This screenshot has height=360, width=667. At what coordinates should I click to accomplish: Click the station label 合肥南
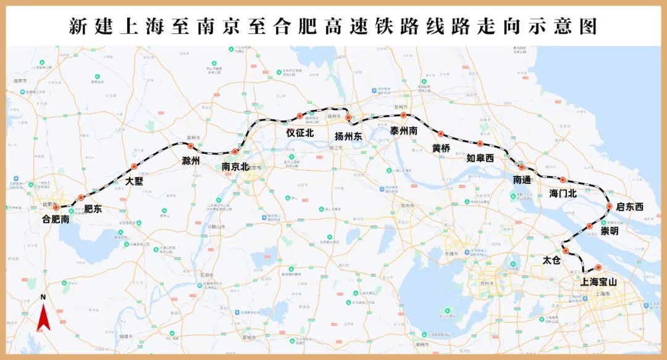click(56, 219)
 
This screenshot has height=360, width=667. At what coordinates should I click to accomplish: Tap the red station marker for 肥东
click(81, 198)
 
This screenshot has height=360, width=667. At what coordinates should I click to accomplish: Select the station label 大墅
click(134, 181)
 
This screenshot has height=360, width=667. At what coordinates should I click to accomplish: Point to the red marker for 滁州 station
click(191, 146)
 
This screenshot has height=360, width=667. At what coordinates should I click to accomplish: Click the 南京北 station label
click(235, 166)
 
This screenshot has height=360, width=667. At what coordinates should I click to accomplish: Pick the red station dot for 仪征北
click(300, 116)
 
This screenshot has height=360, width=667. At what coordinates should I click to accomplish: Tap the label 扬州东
click(348, 136)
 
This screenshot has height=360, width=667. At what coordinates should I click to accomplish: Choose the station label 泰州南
click(404, 131)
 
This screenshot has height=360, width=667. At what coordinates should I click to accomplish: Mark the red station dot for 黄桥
click(441, 134)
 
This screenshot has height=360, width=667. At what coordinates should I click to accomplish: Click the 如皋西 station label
click(480, 158)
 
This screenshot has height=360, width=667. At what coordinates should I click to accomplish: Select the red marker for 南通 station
click(521, 167)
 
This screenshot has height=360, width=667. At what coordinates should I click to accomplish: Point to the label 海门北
click(563, 193)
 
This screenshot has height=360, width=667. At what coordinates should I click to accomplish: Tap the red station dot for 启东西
click(610, 207)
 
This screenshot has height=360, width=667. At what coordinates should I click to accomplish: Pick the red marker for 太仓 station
click(565, 251)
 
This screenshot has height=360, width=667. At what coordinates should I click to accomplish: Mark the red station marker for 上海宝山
click(598, 267)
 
